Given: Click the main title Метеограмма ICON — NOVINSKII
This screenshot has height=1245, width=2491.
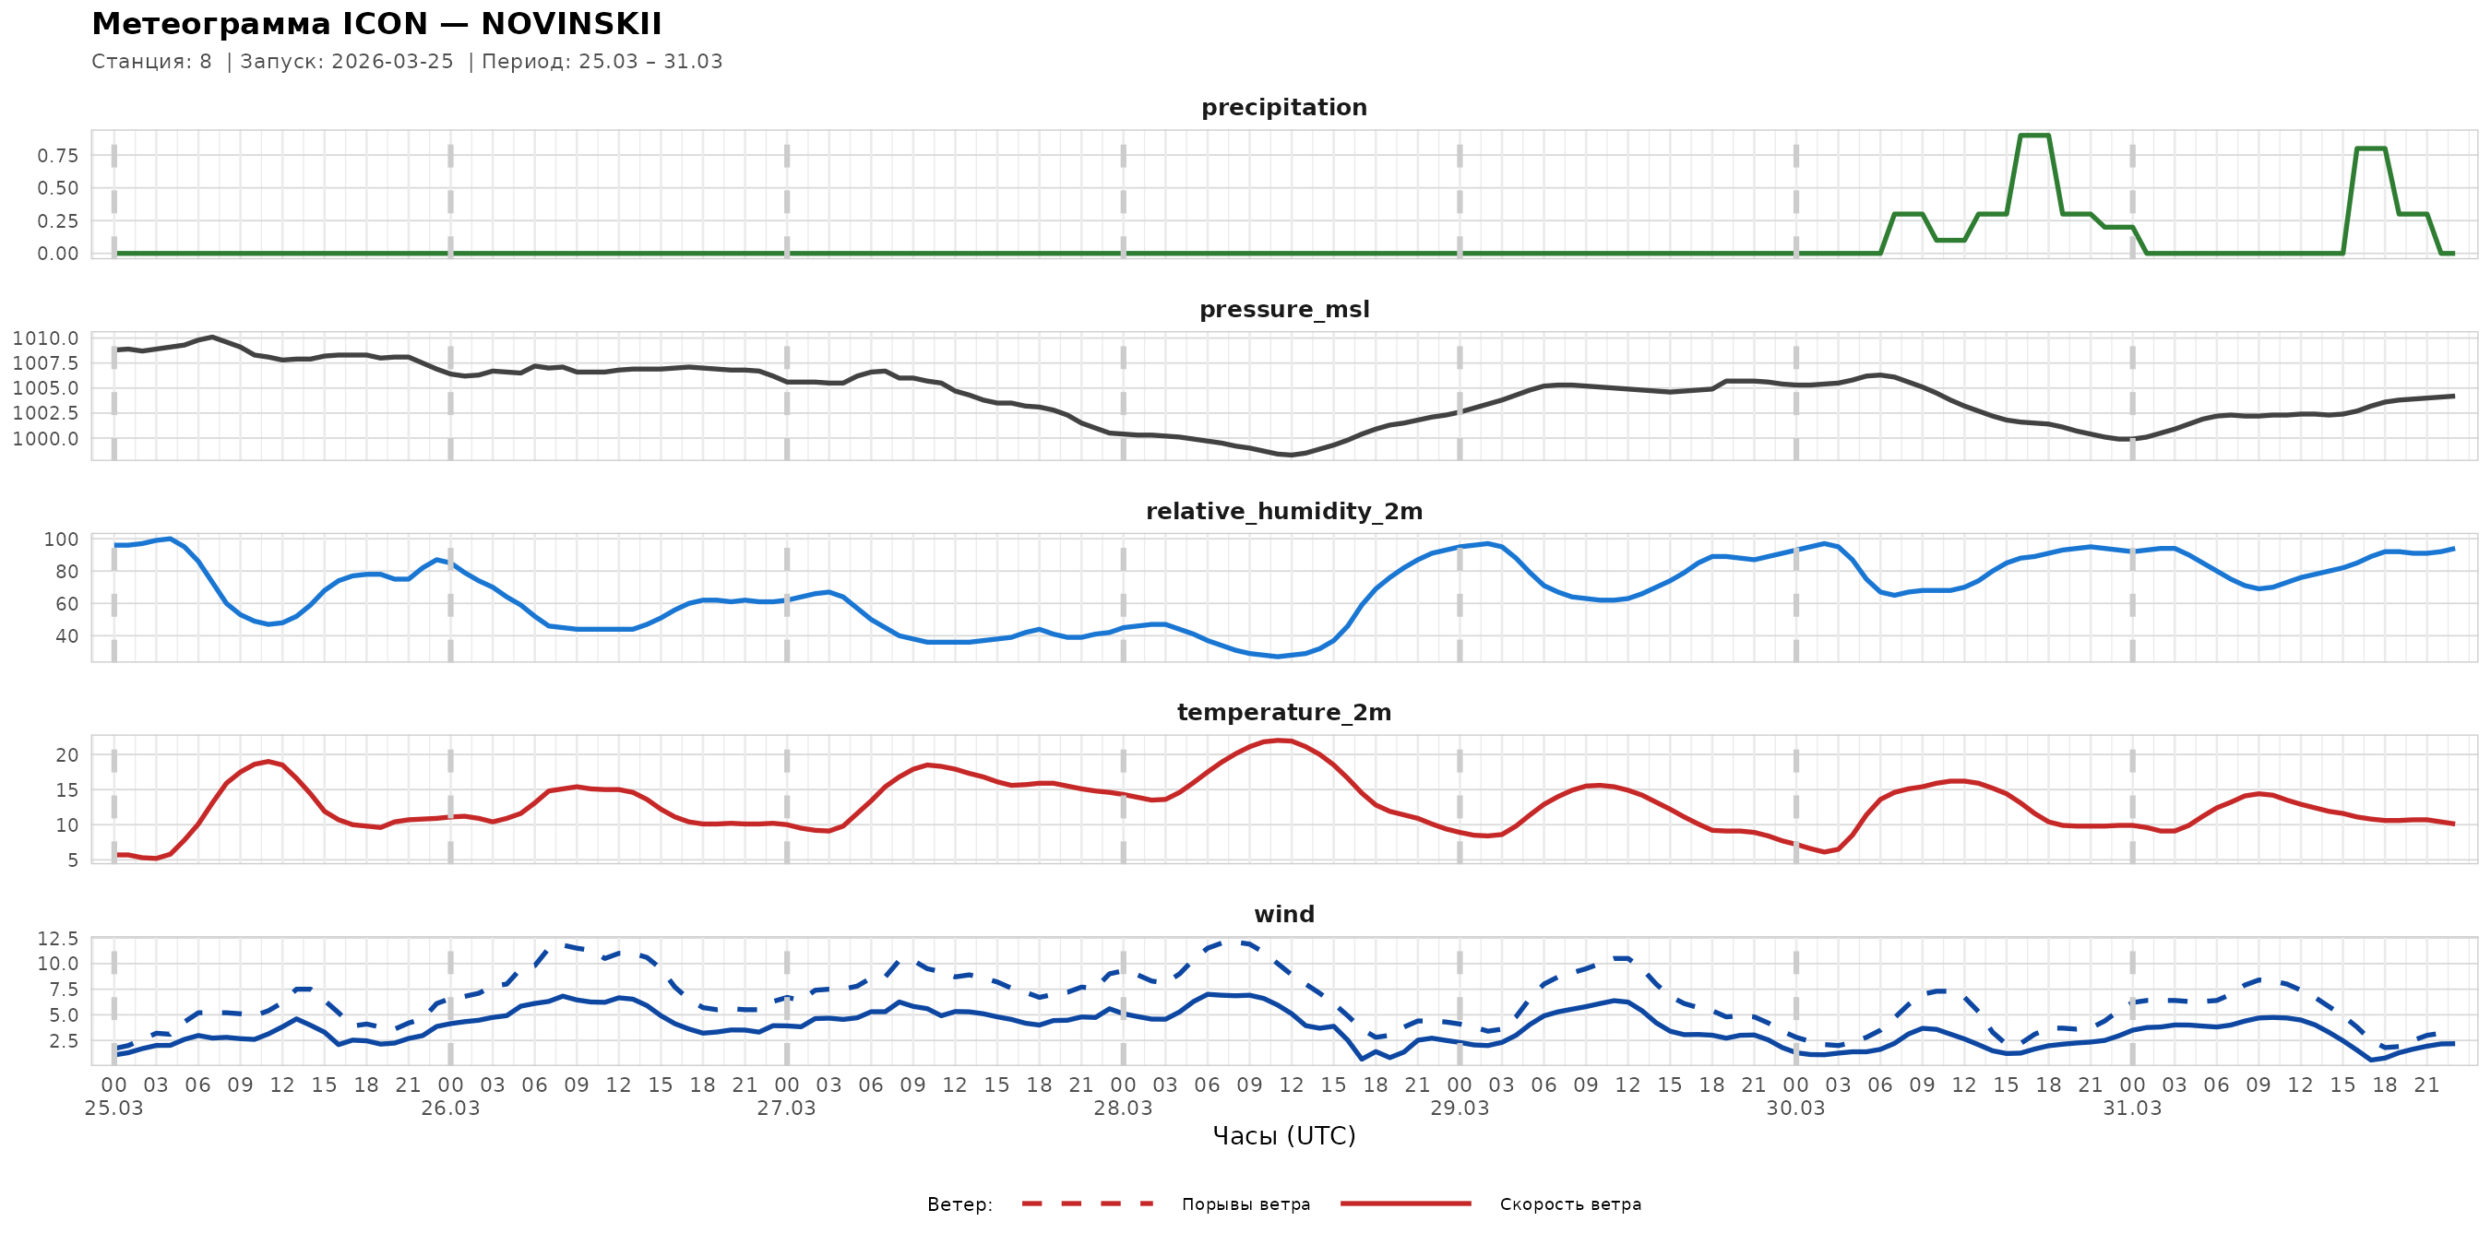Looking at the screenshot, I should tap(376, 24).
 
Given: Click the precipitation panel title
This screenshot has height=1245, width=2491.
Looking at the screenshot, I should tap(1283, 107).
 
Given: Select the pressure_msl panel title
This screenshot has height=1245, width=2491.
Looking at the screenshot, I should tap(1283, 309).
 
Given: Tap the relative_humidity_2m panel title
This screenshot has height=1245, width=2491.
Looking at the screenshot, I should tap(1283, 511).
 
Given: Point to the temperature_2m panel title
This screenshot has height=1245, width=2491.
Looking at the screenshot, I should tap(1283, 712).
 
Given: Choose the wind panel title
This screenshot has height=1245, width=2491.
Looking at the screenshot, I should tap(1283, 915).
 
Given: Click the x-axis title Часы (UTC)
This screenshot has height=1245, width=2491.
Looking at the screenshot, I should tap(1283, 1136).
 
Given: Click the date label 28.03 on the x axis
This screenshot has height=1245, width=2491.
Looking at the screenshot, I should tap(1123, 1109).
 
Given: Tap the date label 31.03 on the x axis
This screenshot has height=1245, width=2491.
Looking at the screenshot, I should tap(2131, 1109).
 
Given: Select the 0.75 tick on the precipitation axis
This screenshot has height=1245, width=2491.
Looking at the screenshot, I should tap(58, 156).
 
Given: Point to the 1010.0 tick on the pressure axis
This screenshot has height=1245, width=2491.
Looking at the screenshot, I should tap(45, 338).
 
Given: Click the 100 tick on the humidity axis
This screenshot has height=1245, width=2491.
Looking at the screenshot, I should tap(61, 539).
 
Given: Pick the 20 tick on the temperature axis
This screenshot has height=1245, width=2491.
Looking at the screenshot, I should tap(66, 755).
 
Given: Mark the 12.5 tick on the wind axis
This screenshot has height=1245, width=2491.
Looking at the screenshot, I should tap(58, 939).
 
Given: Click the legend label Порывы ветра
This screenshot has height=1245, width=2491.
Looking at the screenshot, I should tap(1245, 1204).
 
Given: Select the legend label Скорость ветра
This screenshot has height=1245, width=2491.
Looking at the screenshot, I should tap(1569, 1204).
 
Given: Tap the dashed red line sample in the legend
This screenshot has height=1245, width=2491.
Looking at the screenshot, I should tap(1087, 1203).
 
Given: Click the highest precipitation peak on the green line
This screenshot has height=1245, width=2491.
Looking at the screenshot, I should tap(2033, 136).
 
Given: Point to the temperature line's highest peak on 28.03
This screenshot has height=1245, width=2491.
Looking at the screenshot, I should tap(1279, 741).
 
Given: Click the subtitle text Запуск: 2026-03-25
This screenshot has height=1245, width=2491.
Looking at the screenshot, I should tap(346, 62).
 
